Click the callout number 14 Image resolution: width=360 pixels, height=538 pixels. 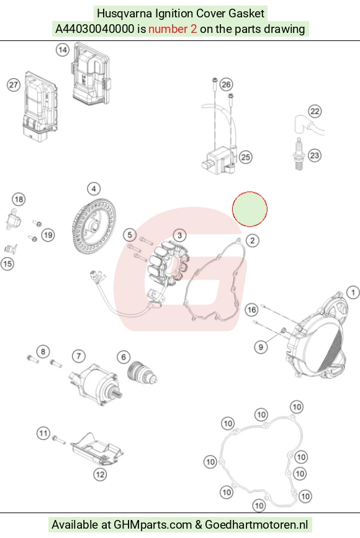point(63,50)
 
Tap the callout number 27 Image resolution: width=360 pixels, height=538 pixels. point(14,84)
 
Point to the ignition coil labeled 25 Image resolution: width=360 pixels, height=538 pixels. point(218,160)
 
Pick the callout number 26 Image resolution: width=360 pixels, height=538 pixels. point(225,84)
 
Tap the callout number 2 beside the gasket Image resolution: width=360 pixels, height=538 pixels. point(253,240)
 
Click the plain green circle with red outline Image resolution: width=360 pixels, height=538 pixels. point(250,209)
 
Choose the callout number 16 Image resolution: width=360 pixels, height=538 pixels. point(251,310)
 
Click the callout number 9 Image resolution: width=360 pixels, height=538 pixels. point(261,347)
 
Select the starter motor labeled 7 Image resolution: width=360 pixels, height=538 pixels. point(95,385)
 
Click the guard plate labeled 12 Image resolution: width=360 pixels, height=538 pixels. point(97,450)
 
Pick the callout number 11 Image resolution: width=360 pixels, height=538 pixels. point(43,433)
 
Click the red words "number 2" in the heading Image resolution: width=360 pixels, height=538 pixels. point(173,29)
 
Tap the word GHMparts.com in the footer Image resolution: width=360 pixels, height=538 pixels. point(153,525)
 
